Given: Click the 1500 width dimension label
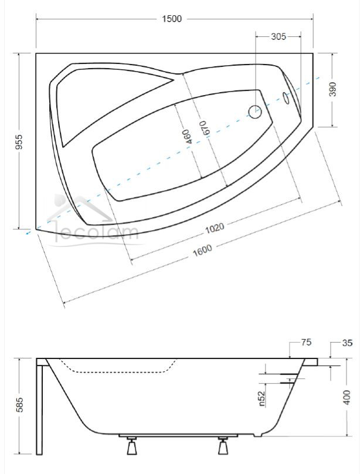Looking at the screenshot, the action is click(172, 19).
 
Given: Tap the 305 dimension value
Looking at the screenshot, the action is click(278, 36).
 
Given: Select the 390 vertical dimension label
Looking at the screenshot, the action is click(332, 89).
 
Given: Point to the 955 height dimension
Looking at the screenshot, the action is click(19, 141).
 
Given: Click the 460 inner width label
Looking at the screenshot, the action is click(188, 136).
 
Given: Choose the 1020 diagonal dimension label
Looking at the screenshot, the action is click(215, 228).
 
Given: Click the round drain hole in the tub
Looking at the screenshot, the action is click(254, 111).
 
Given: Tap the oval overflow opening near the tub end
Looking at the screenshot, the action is click(286, 97).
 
